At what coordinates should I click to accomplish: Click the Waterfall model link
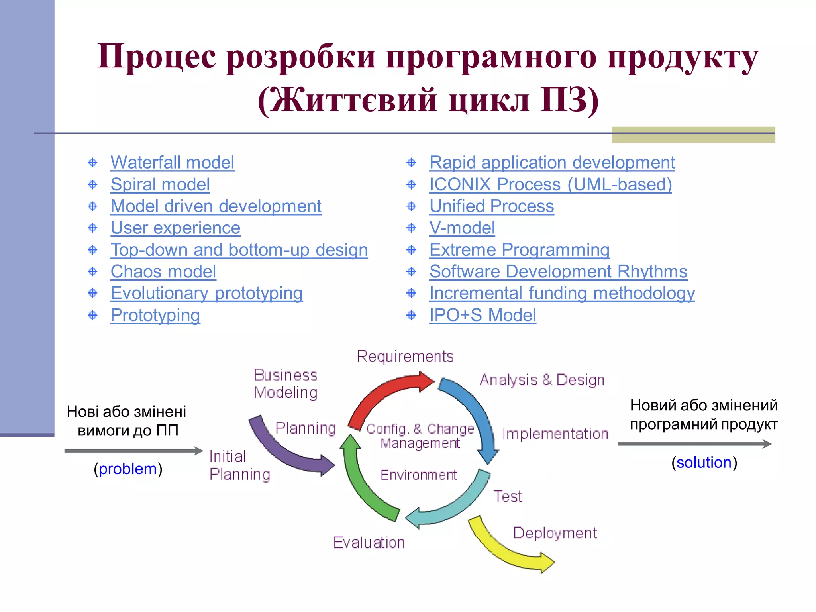pos(172,163)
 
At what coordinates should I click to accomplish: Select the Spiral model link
pos(160,184)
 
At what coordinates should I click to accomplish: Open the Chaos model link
pos(163,272)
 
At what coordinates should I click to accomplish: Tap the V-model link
pos(462,228)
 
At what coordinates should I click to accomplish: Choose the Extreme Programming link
pos(519,250)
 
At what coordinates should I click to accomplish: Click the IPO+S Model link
pos(482,315)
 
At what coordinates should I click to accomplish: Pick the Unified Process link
pos(491,206)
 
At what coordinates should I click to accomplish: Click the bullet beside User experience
pos(92,228)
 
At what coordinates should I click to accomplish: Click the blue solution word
pos(704,463)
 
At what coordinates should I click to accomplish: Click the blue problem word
pos(127,469)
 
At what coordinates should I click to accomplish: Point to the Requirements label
pos(405,356)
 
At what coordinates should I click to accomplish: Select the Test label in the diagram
pos(507,496)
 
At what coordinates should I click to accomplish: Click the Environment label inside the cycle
pos(418,475)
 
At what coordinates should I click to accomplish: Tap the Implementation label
pos(555,434)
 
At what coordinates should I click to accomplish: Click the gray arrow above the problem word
pos(133,451)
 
